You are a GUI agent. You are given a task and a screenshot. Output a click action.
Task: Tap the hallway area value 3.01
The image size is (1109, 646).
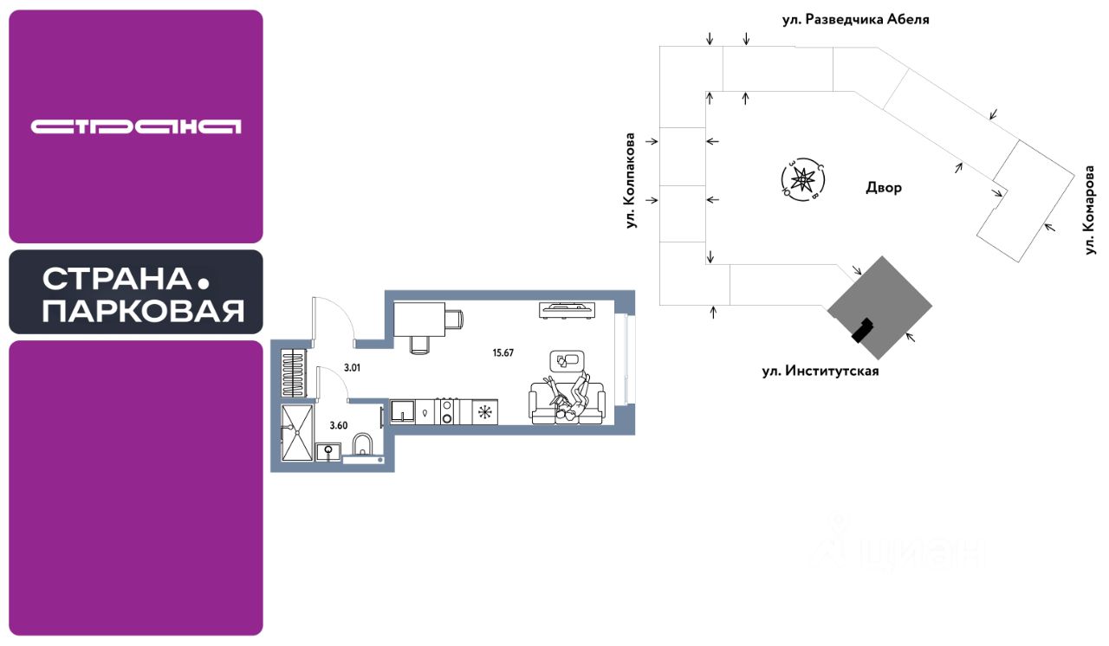pyautogui.click(x=352, y=367)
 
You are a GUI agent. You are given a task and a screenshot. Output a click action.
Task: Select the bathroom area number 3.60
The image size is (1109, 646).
pyautogui.click(x=339, y=425)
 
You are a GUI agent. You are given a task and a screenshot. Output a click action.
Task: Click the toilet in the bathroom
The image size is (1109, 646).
pyautogui.click(x=364, y=446)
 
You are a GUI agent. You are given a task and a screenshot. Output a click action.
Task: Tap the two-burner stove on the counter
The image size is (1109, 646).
pyautogui.click(x=447, y=412)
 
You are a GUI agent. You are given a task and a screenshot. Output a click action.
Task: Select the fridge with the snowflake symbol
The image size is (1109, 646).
pyautogui.click(x=483, y=412)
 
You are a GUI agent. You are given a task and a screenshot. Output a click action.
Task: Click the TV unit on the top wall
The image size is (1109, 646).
pyautogui.click(x=566, y=308)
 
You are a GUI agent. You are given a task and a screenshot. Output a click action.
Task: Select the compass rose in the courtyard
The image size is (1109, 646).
pyautogui.click(x=803, y=180)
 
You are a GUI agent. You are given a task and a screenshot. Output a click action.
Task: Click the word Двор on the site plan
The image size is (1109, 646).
pyautogui.click(x=883, y=187)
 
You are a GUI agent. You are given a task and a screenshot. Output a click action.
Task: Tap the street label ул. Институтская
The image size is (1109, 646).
pyautogui.click(x=820, y=371)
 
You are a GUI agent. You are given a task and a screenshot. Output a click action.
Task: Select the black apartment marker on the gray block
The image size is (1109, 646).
pyautogui.click(x=861, y=330)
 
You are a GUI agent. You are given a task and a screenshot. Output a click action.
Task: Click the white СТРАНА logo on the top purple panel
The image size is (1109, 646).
pyautogui.click(x=136, y=126)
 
